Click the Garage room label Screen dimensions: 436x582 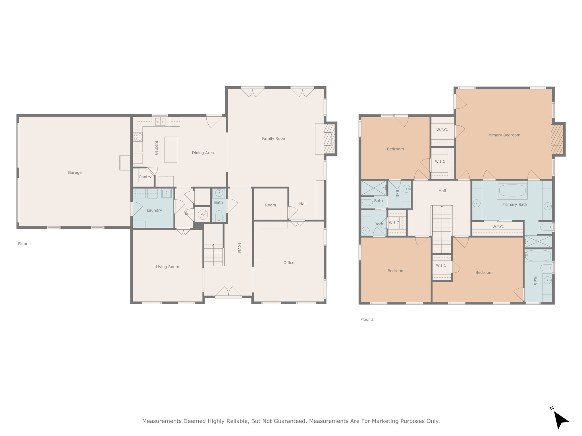click(x=74, y=173)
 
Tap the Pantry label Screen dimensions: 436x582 click(x=145, y=177)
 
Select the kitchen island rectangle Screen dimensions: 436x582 click(x=171, y=150)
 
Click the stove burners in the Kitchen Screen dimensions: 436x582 click(x=138, y=137)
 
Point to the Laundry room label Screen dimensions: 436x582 click(x=154, y=210)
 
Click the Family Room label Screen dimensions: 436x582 click(x=274, y=139)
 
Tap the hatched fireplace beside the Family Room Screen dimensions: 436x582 click(x=328, y=139)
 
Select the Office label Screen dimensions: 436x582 click(x=289, y=263)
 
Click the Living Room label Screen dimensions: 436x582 click(x=167, y=267)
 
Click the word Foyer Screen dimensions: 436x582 click(x=239, y=248)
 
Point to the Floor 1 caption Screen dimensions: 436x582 click(x=25, y=244)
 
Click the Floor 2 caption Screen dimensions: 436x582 click(x=367, y=319)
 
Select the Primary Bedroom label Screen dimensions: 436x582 click(x=504, y=135)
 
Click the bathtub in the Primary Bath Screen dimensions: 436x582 click(x=512, y=190)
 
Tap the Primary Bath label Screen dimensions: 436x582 click(x=514, y=204)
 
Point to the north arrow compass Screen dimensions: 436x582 click(x=560, y=420)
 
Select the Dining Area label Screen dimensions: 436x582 click(x=203, y=153)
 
